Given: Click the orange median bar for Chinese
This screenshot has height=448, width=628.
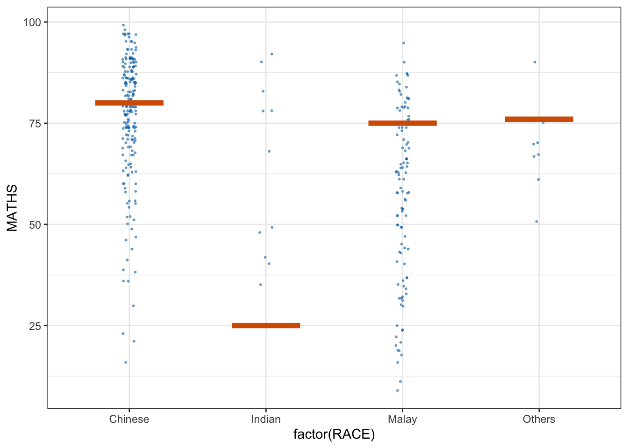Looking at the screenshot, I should pos(129,103).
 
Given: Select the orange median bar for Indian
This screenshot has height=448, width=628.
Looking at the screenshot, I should pos(266,325).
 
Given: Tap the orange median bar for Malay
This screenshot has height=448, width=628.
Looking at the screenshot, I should pos(402,123).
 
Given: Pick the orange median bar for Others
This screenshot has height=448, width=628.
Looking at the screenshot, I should pos(539,119).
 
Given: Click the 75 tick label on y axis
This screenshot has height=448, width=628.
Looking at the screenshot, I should pos(35,123).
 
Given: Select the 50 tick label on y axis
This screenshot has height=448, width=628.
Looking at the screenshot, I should pos(35,224).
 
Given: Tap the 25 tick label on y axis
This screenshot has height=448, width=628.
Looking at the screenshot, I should pos(35,326).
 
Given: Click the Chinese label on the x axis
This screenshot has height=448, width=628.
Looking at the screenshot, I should pos(129,419).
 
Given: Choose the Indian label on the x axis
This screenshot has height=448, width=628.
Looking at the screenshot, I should pos(266,419).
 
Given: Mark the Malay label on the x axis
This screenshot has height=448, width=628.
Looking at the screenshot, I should pos(402,419).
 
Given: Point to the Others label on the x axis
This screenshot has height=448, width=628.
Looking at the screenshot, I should pos(539,419).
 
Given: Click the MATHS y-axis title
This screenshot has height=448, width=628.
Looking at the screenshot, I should pos(12,208).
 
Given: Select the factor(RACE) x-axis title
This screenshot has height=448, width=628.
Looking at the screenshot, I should pos(334,435).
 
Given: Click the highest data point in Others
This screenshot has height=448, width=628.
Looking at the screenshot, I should pos(535,62).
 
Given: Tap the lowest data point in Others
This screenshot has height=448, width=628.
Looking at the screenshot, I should pos(536,222).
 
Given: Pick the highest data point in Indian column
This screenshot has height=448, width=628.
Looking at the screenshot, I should pos(271,54).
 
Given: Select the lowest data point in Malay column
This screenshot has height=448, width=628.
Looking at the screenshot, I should pos(398,391).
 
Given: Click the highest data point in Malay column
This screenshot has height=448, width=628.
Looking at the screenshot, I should pos(403,43).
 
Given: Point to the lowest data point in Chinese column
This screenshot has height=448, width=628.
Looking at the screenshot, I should pos(126,362).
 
